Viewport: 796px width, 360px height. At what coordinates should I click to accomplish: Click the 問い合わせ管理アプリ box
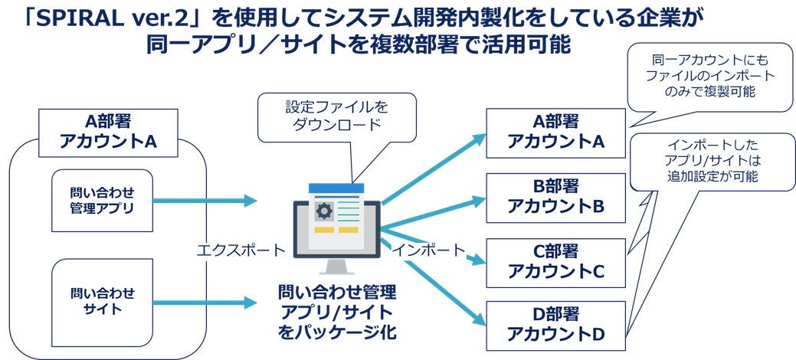pyautogui.click(x=103, y=200)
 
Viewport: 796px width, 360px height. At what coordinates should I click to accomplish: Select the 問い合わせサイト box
pyautogui.click(x=103, y=302)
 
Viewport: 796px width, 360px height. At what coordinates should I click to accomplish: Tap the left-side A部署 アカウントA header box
pyautogui.click(x=107, y=133)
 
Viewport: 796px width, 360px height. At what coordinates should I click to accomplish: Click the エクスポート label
pyautogui.click(x=241, y=250)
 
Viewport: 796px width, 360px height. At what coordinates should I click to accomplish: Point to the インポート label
pyautogui.click(x=429, y=250)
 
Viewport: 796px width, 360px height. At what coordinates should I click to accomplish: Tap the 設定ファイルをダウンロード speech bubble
pyautogui.click(x=337, y=116)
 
